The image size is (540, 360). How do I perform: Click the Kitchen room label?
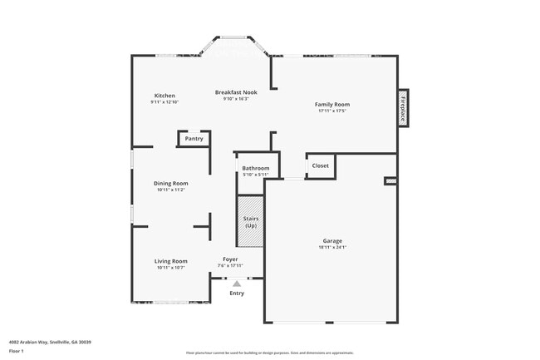164,96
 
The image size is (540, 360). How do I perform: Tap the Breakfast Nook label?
236,91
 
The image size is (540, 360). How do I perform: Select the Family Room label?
331,104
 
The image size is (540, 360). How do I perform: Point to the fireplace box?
403,107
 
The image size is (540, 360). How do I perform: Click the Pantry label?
194,139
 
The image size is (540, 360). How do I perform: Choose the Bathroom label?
255,168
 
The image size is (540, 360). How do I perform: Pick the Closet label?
320,165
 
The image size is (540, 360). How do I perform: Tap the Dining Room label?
170,183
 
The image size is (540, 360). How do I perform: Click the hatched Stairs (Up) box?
250,222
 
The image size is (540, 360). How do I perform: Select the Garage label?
332,241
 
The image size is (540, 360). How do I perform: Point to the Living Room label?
170,261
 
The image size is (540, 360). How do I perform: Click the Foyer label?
230,259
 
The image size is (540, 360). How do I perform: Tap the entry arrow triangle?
237,284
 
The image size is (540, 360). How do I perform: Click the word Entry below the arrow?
237,293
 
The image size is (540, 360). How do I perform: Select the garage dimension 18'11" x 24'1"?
332,248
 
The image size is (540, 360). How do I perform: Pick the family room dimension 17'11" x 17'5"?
331,111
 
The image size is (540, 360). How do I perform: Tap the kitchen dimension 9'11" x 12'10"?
164,102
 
